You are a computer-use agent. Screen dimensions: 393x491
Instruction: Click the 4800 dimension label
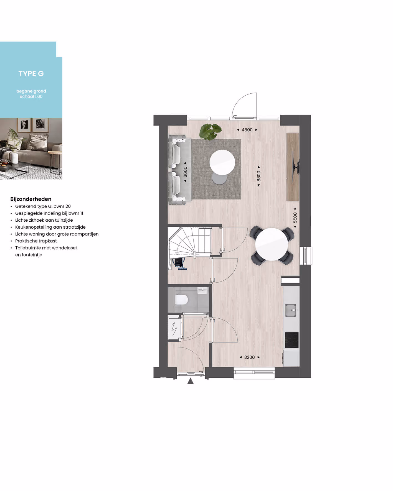(x=247, y=130)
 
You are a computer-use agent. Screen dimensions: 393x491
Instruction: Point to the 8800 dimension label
(x=259, y=176)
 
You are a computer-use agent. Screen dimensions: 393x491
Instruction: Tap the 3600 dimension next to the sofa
(x=185, y=172)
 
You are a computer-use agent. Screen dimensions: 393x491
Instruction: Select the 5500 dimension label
(x=295, y=218)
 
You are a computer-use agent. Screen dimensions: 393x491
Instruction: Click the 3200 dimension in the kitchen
(x=249, y=357)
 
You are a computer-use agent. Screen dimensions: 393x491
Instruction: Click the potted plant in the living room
(x=211, y=131)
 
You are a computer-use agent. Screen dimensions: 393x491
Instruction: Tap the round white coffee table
(x=222, y=162)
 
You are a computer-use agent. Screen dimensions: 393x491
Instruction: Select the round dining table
(x=272, y=244)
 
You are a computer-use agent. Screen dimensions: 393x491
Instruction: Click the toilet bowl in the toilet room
(x=182, y=300)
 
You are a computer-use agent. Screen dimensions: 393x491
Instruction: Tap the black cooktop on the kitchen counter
(x=292, y=340)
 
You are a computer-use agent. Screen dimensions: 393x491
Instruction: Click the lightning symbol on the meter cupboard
(x=174, y=329)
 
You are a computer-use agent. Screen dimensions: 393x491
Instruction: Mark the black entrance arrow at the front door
(x=190, y=381)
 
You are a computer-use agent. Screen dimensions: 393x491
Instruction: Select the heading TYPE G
(x=31, y=74)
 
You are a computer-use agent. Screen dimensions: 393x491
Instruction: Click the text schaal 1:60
(x=31, y=96)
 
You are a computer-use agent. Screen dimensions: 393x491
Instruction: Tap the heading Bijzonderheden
(x=31, y=199)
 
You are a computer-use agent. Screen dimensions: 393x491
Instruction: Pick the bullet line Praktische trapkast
(x=36, y=241)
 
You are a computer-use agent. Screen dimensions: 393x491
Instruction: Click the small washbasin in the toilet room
(x=202, y=290)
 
